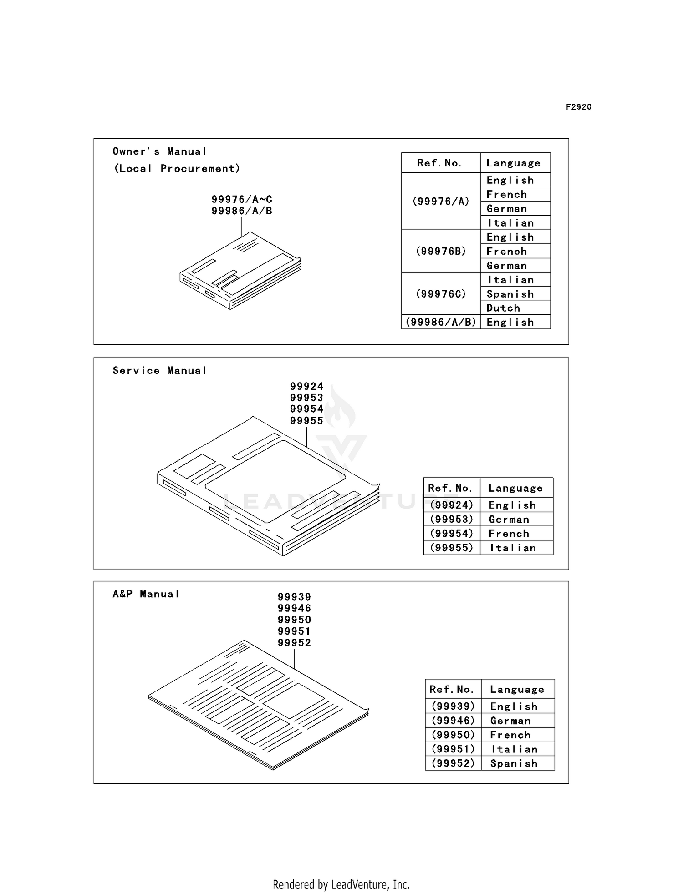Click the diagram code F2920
click(579, 107)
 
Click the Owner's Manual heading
click(160, 151)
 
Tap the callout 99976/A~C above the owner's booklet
click(242, 199)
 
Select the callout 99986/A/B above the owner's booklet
click(242, 211)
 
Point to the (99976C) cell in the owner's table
click(441, 294)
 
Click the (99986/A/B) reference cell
click(441, 322)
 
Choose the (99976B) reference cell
click(441, 251)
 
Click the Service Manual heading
click(160, 371)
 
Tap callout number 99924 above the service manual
click(307, 386)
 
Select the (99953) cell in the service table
click(452, 519)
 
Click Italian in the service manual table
click(513, 548)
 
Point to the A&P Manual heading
click(146, 594)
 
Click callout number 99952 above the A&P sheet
click(295, 643)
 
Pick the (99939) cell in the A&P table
click(453, 706)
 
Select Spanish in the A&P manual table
click(514, 763)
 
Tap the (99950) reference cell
click(453, 735)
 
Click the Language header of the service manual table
click(516, 489)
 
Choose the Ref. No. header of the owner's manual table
click(439, 163)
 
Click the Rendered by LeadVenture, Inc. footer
click(341, 885)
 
